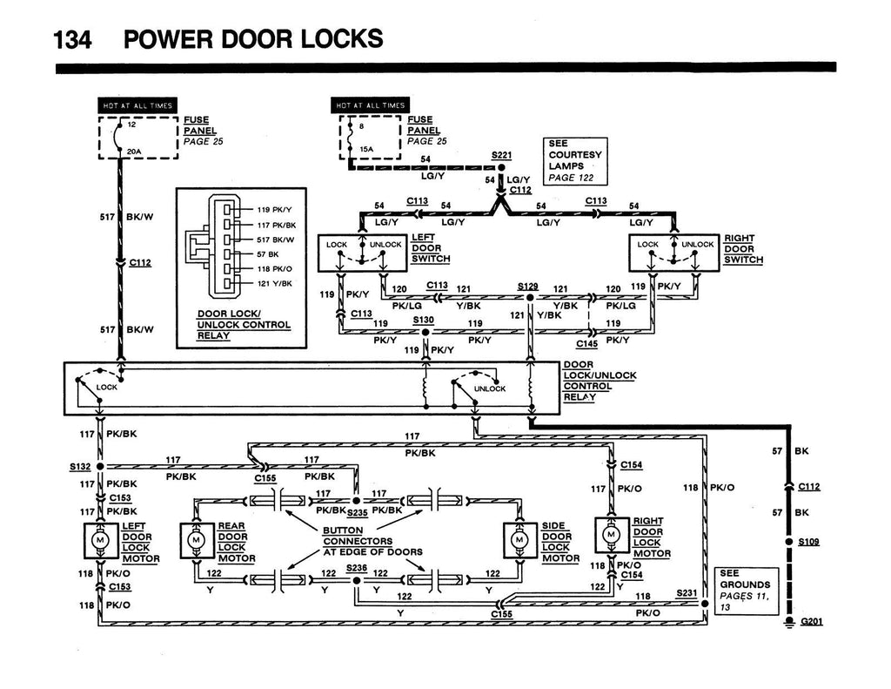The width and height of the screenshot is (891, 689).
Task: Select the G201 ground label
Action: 810,622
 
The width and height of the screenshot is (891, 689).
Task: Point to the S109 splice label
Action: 810,542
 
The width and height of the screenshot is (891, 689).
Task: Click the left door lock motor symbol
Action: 99,540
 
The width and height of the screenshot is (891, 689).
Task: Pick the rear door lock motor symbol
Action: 195,540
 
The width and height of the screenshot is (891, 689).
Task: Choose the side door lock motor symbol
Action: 519,540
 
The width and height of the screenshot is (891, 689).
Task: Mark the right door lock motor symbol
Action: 611,533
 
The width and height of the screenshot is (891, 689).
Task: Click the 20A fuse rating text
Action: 134,151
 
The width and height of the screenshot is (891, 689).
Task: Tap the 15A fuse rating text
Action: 367,148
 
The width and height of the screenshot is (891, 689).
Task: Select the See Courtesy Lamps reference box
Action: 574,161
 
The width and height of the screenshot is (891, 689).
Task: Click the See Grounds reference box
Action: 746,591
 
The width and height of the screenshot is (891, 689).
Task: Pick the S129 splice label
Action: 527,286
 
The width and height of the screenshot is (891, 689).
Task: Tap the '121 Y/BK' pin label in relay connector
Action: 275,283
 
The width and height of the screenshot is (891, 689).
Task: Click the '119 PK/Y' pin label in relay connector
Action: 276,210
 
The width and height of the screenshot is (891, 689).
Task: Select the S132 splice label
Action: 81,466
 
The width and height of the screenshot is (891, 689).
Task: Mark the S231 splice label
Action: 687,592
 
